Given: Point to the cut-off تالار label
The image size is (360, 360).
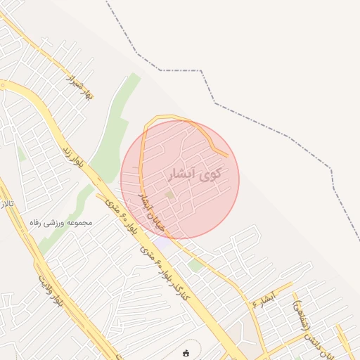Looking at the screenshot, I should (7, 206).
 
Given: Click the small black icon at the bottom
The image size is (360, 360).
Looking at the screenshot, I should (186, 353).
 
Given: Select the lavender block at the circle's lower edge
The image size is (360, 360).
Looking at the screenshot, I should (162, 241).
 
